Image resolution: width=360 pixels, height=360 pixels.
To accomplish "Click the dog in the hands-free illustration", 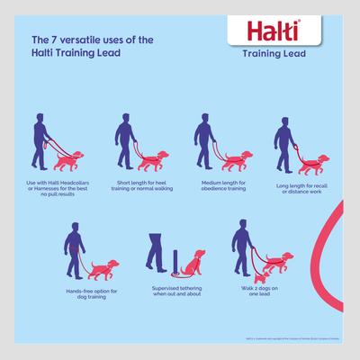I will [106, 269].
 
